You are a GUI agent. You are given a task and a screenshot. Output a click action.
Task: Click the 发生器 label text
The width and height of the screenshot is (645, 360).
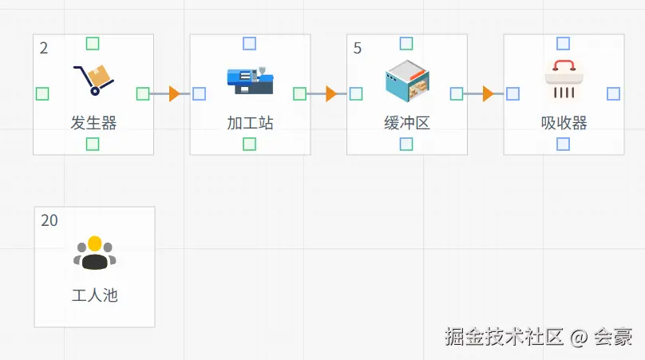pos(93,123)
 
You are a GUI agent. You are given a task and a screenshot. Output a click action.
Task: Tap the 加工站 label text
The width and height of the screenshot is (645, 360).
pos(250,123)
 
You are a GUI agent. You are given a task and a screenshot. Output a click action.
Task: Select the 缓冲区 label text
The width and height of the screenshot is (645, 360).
pos(407,123)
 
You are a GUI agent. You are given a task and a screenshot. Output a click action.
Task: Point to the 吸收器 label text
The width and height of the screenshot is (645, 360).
pos(564,123)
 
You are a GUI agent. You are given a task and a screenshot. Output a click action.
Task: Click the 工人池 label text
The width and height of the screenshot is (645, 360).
pos(94,295)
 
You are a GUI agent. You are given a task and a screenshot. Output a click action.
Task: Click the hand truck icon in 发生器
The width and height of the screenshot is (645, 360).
pos(93,79)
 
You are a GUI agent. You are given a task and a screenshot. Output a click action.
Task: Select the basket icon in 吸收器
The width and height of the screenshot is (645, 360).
pos(564,81)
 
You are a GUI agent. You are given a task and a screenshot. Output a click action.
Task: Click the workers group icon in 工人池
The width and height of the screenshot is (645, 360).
pos(94,253)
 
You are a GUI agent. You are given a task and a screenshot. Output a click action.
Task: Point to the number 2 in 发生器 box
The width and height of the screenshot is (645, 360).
pos(44,49)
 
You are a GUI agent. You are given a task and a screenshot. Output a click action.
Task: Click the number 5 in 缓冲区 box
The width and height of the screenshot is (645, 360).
pos(358,49)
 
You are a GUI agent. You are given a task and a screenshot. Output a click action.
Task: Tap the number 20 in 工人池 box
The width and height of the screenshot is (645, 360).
pos(49,220)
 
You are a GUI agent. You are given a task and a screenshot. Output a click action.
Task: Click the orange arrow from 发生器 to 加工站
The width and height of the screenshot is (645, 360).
pos(174,94)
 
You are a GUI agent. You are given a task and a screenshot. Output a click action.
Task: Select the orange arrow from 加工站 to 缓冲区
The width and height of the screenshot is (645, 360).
pos(331,94)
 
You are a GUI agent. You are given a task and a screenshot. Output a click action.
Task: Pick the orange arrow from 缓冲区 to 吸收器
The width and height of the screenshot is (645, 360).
pos(488,94)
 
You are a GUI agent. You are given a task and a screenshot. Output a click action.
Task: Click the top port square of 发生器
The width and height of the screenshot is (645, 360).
pos(93,43)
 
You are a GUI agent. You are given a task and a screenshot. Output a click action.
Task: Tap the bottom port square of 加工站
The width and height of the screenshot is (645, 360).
pos(250,144)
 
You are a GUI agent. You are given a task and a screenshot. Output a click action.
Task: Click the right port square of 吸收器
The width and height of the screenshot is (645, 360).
pos(613,93)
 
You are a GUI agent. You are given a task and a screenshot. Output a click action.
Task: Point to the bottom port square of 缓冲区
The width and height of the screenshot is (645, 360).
pos(406,144)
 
